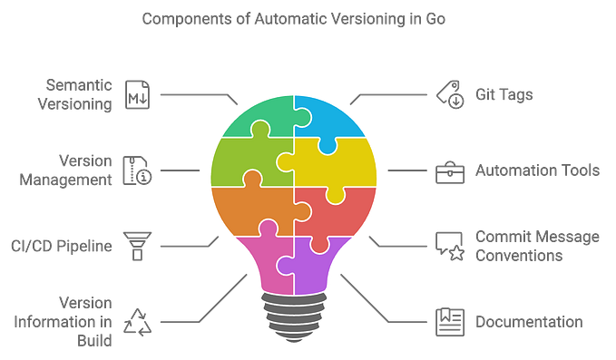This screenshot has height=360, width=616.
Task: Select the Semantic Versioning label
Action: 81,93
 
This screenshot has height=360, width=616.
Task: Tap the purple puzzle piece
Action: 318,268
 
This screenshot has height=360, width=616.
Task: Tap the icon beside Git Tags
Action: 447,92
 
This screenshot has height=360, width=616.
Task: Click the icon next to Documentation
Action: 446,321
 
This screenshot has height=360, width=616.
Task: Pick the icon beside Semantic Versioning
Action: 138,93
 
